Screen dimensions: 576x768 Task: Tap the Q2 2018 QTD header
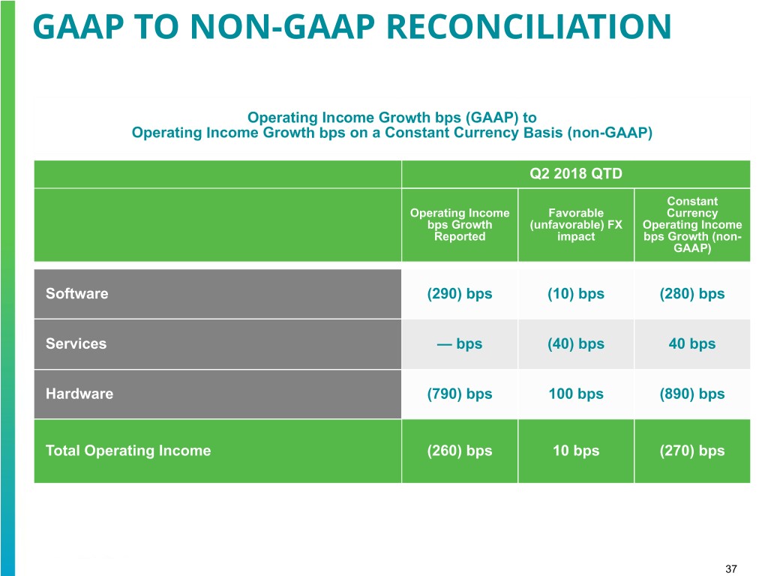[x=575, y=173]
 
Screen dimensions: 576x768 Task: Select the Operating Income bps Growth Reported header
[x=459, y=224]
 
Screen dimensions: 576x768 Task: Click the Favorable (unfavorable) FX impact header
[x=575, y=224]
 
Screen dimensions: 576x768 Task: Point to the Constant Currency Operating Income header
[x=691, y=224]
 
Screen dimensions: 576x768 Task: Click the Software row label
[x=76, y=293]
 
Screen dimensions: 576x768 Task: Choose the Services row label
[x=76, y=343]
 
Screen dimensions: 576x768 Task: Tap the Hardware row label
[x=79, y=394]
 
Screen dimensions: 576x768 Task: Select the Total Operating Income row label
[x=128, y=450]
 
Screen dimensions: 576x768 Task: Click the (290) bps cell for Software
[x=459, y=293]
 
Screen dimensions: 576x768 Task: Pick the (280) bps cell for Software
[x=691, y=293]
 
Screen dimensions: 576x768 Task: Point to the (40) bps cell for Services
[x=575, y=343]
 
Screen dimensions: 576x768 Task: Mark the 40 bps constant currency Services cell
[x=691, y=343]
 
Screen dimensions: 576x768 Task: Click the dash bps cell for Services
[x=459, y=343]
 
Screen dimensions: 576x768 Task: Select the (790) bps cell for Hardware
[x=459, y=394]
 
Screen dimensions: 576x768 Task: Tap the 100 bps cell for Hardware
[x=575, y=394]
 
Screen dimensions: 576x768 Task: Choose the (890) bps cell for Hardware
[x=691, y=394]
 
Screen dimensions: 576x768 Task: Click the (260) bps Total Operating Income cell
[x=459, y=450]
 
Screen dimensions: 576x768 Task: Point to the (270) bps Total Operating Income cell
[x=691, y=450]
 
